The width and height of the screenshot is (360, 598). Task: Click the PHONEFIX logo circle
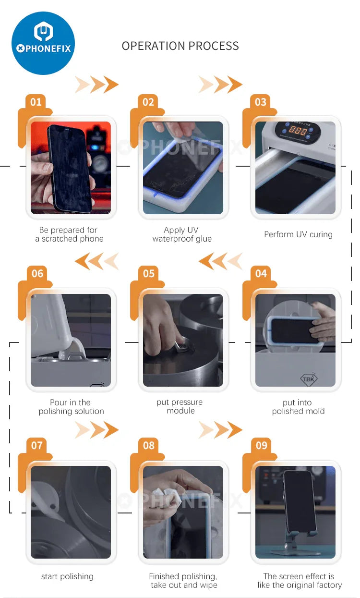coord(43,43)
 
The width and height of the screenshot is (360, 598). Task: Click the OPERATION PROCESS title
coord(180,46)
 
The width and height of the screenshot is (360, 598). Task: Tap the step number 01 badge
coord(36,102)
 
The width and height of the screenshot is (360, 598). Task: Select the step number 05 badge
coord(148,273)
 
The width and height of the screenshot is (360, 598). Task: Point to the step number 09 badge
coord(261,445)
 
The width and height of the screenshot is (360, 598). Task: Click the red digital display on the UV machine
coord(298,131)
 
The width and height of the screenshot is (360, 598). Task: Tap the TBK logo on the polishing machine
coord(309,378)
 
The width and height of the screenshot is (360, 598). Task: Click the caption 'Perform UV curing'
coord(299,234)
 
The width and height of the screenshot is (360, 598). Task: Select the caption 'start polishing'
coord(67,577)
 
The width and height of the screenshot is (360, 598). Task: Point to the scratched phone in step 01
coord(70,168)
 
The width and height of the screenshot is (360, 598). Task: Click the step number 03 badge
coord(261,102)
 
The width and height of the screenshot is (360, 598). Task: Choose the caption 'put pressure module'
coord(180,406)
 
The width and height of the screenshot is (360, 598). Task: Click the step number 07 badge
coord(36,445)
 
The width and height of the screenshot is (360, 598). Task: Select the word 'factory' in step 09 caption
coord(329,585)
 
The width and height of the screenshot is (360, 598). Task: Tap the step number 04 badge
coord(261,273)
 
